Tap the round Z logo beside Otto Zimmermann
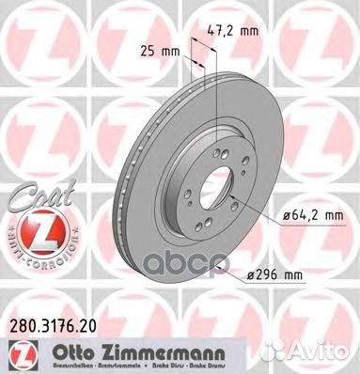click(x=15, y=353)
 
